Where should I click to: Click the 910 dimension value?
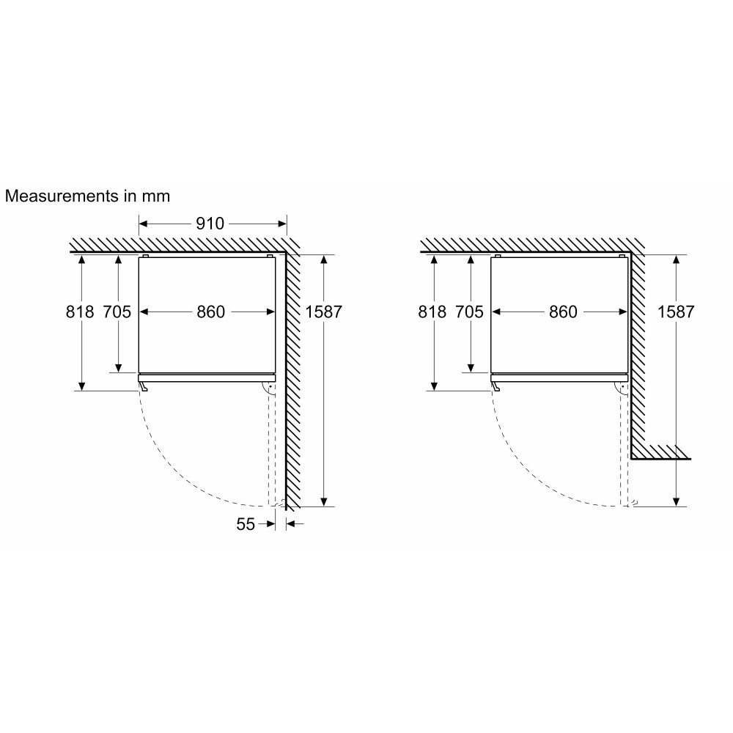point(210,224)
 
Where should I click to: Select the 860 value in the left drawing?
point(210,312)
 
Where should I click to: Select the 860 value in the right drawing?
point(562,312)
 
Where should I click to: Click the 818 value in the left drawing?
point(80,312)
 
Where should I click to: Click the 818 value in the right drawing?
point(432,312)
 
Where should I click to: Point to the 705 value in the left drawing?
point(117,312)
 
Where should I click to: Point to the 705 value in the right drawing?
point(469,312)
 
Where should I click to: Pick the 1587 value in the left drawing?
point(323,312)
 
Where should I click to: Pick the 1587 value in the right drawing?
point(675,312)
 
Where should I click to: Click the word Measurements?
point(55,196)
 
